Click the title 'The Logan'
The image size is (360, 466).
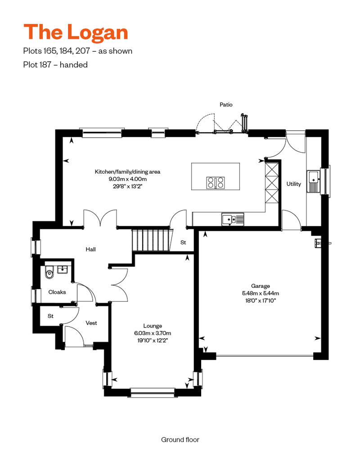click(x=76, y=32)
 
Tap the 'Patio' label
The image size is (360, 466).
click(x=226, y=105)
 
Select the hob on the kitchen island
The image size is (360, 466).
click(x=216, y=183)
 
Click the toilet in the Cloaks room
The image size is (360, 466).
click(x=49, y=272)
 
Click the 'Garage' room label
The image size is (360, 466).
click(x=261, y=286)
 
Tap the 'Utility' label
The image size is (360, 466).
click(x=294, y=184)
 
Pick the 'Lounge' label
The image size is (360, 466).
click(x=153, y=326)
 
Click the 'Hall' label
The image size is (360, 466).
click(x=90, y=249)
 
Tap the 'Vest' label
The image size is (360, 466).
click(x=91, y=323)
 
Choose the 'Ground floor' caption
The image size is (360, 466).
click(x=180, y=439)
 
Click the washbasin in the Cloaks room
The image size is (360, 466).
click(x=63, y=270)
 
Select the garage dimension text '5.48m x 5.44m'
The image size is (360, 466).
click(x=261, y=293)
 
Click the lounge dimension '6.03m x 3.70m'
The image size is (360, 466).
click(x=153, y=333)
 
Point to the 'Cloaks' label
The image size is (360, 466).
click(x=57, y=292)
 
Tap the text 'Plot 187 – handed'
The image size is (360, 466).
click(x=55, y=65)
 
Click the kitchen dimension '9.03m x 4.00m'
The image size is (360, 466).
click(x=127, y=179)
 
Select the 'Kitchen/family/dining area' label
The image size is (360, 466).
click(x=127, y=172)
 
